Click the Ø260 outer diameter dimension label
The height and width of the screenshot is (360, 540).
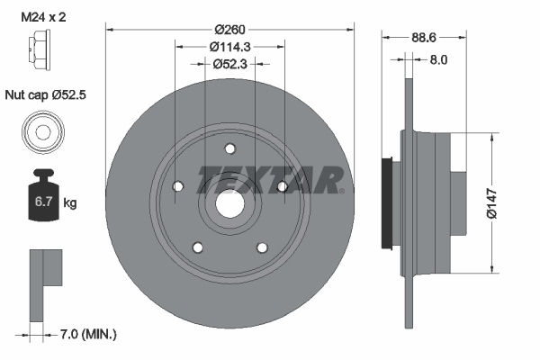tap(229, 30)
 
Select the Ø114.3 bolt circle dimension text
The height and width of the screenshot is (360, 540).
tap(229, 47)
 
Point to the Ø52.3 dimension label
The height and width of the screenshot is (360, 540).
tap(229, 64)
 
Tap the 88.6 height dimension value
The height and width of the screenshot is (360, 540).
tap(424, 37)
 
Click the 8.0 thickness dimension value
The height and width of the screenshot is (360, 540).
tap(438, 60)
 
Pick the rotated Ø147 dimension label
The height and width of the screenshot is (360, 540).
tap(491, 203)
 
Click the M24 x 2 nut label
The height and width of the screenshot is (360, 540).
tap(43, 17)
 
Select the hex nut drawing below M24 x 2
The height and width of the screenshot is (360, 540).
tap(39, 50)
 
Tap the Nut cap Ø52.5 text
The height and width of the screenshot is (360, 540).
tap(46, 94)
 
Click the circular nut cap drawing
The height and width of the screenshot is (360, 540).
tap(43, 132)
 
